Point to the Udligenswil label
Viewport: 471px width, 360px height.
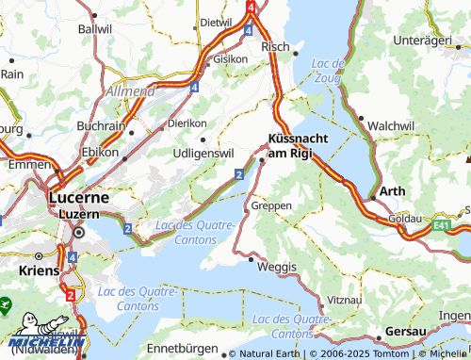coord(203,153)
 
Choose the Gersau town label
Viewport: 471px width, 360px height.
coord(408,333)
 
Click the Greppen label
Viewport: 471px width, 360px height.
coord(272,205)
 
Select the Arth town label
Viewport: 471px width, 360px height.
coord(392,190)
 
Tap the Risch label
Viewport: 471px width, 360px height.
coord(275,45)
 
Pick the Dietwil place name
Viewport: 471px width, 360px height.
coord(216,22)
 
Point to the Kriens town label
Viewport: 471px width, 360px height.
coord(38,270)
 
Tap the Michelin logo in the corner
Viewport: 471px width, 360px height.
coord(46,341)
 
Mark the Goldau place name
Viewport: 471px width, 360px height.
coord(405,218)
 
